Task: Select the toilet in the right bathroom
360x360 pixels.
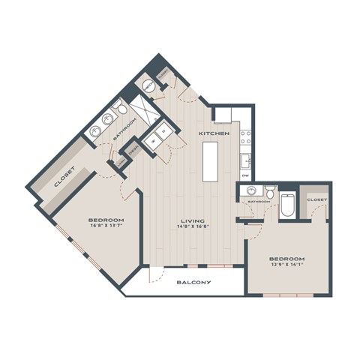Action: tap(269, 187)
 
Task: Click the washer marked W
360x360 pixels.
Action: tap(154, 139)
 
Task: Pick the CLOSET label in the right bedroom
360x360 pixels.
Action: tap(316, 199)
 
